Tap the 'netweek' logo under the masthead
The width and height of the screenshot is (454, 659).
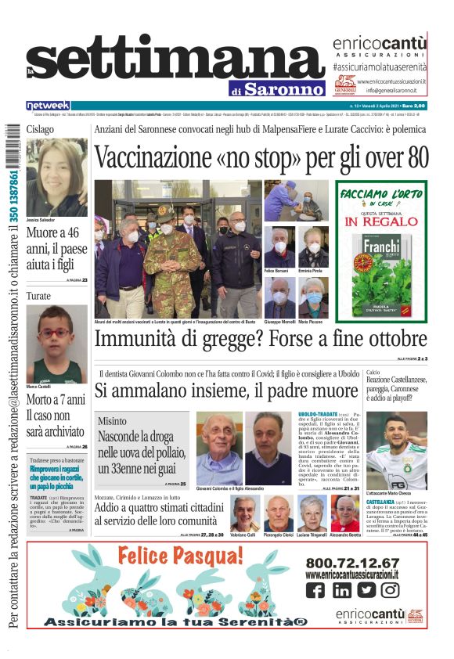coord(48,105)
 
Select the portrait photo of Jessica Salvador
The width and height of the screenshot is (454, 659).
coord(56,178)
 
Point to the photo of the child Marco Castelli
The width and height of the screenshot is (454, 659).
coord(56,344)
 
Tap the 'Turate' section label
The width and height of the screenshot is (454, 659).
coord(38,297)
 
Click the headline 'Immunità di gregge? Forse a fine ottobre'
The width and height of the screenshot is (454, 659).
coord(261,340)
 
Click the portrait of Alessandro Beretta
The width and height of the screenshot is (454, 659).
coord(344,513)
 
